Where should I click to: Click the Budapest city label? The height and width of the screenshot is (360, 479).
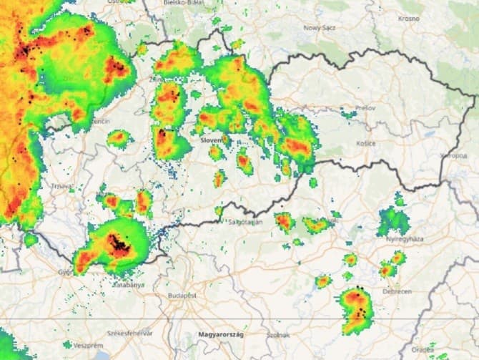tap(182, 295)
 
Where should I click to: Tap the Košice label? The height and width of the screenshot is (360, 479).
tap(365, 143)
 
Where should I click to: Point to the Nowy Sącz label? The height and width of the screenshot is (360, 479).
tap(320, 27)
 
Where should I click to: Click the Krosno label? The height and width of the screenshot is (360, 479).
tap(409, 18)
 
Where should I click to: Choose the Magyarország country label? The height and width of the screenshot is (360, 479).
tap(221, 335)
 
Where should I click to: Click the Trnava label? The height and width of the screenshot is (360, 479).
tap(62, 187)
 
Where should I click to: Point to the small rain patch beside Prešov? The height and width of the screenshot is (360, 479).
tap(349, 113)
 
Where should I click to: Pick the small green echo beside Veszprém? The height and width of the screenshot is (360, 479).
tap(67, 344)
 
